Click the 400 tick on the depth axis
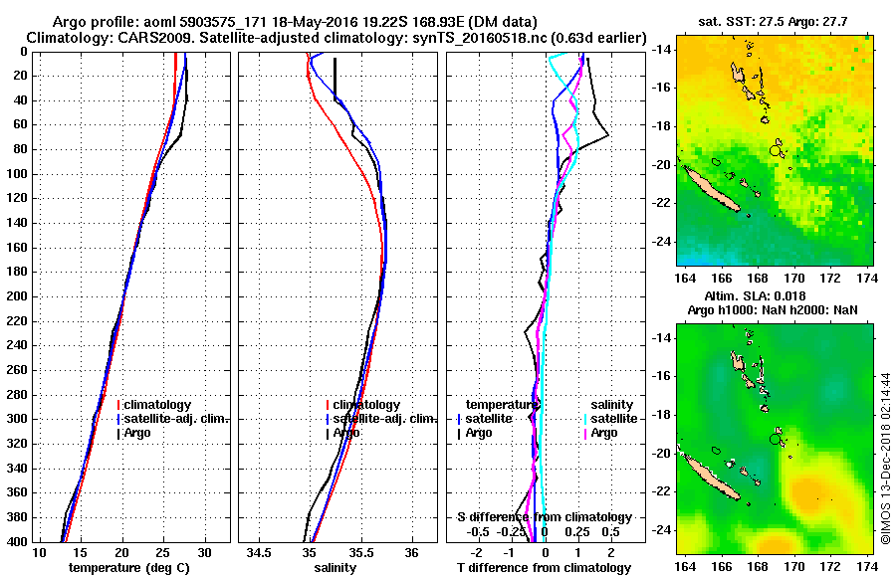[19, 541]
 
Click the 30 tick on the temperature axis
[205, 552]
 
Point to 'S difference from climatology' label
[544, 517]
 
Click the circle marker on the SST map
[776, 150]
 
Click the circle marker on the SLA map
[776, 439]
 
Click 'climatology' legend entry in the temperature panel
[158, 405]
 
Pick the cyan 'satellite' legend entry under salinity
[610, 419]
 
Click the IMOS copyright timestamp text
[884, 458]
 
